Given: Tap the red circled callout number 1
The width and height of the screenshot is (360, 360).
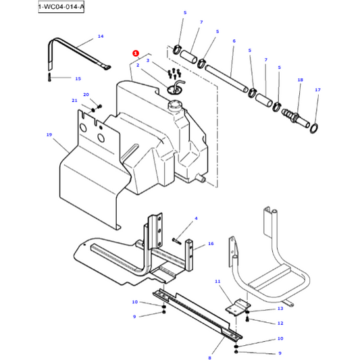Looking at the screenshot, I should click(136, 53).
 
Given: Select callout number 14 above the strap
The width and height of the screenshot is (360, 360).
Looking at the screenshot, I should click(101, 36).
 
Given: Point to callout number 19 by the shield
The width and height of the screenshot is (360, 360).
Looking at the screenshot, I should click(49, 135).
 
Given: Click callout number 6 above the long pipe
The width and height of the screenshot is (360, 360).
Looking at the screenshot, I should click(234, 41).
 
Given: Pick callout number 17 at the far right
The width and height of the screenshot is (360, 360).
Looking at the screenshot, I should click(317, 90).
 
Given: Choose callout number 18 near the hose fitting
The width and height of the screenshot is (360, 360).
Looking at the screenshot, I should click(300, 80).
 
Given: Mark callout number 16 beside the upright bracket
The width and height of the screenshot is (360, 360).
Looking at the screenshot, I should click(211, 243).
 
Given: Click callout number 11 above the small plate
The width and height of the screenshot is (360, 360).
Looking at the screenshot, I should click(217, 281).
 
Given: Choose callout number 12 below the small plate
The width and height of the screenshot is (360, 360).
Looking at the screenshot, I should click(280, 323).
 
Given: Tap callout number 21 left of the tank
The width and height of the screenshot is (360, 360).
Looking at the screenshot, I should click(75, 101).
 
